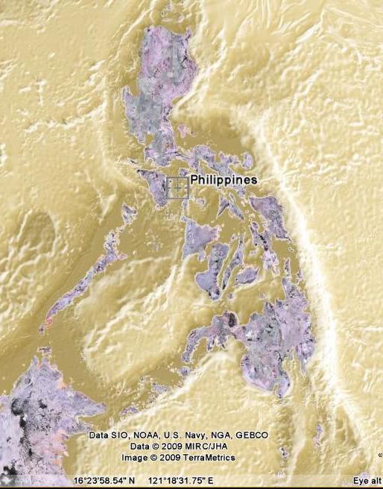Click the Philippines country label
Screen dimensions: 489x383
pos(224,180)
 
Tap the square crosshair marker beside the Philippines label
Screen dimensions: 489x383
pos(177,188)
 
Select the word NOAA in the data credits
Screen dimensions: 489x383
pos(145,435)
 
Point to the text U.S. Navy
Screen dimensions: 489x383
pos(184,435)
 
